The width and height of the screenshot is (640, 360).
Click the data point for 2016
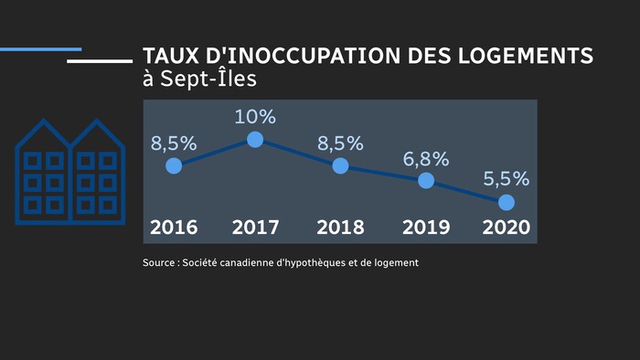[x=174, y=165]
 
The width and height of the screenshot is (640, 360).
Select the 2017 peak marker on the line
[x=255, y=140]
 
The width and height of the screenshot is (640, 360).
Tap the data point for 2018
[x=340, y=165]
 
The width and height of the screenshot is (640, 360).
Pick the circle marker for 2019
[x=425, y=180]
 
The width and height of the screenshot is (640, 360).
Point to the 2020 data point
[x=506, y=201]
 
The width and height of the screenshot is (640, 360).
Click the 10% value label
[x=255, y=117]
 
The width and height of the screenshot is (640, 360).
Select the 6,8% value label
[x=426, y=159]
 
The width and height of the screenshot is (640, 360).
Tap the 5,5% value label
[x=507, y=179]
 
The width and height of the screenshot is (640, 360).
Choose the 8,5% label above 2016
[x=174, y=143]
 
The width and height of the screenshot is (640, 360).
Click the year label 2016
[x=174, y=228]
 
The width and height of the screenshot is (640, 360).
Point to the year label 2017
[x=256, y=228]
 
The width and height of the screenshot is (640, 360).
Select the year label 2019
[x=425, y=228]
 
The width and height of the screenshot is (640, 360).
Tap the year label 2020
[x=506, y=228]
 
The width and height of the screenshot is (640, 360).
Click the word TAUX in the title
[x=170, y=55]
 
